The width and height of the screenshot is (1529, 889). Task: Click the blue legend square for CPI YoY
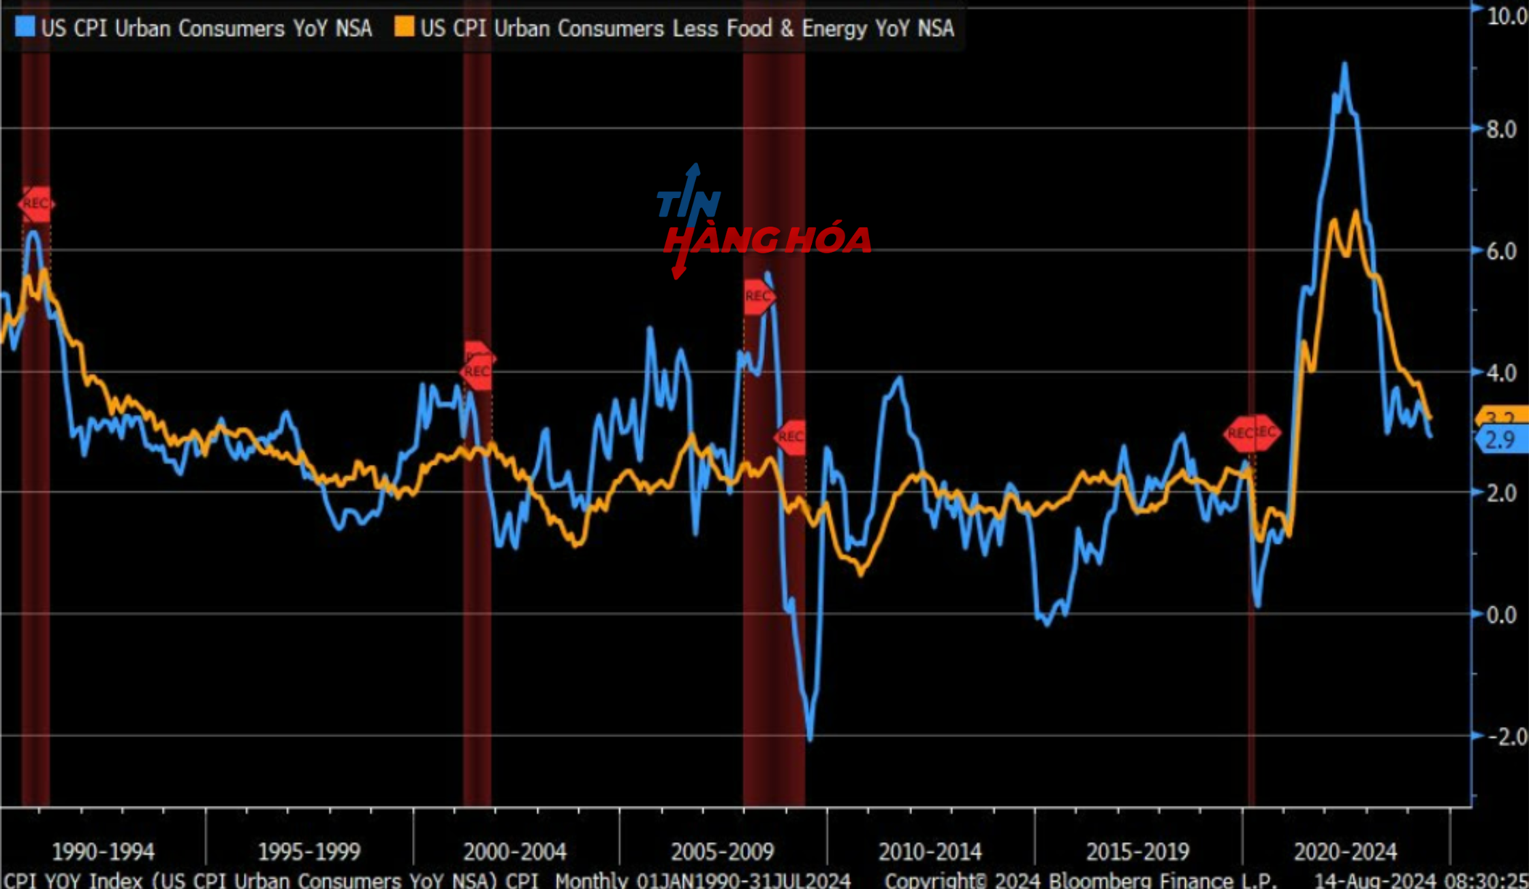(25, 27)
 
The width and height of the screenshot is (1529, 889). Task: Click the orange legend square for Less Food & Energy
(404, 27)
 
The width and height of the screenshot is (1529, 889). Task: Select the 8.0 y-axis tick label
(1501, 129)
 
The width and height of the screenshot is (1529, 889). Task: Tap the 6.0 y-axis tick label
(1501, 251)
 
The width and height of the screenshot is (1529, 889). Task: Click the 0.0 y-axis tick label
(1501, 615)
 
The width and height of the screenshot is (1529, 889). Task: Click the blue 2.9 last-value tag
(1501, 440)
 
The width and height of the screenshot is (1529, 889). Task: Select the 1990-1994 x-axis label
(103, 852)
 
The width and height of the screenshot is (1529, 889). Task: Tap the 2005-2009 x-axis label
(723, 852)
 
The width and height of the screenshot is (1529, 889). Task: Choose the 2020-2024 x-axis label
(1345, 852)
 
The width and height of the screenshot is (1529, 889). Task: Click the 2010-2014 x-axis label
(930, 852)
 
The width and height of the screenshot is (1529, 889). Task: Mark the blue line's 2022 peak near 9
(1344, 65)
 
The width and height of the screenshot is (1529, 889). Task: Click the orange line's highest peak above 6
(1356, 213)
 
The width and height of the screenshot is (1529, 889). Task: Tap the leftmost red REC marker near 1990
(35, 204)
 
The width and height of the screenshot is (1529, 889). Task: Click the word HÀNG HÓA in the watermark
(768, 240)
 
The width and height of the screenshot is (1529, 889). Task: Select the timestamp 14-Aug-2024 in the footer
(1374, 880)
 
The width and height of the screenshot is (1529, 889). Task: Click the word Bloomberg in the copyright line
(1141, 880)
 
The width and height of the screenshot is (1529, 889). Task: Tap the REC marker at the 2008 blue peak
(758, 297)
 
